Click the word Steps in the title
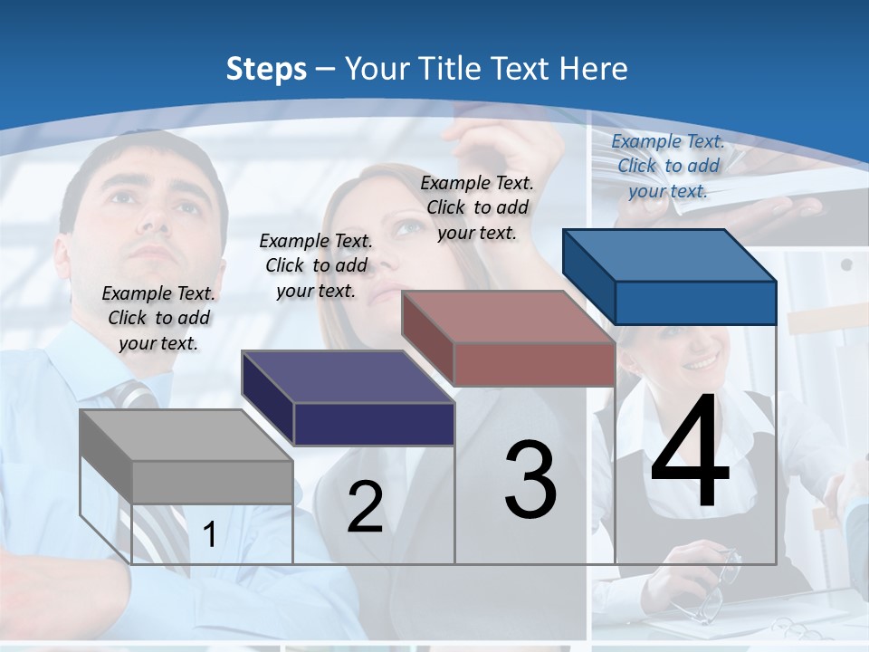point(266,69)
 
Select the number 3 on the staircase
point(530,480)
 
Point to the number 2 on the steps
point(365,507)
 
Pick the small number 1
point(209,535)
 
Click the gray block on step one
point(186,456)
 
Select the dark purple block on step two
point(349,398)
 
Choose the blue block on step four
point(670,276)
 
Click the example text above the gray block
point(158,318)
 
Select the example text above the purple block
point(316,265)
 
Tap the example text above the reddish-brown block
point(477,207)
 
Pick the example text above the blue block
point(668,166)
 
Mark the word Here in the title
point(594,69)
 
